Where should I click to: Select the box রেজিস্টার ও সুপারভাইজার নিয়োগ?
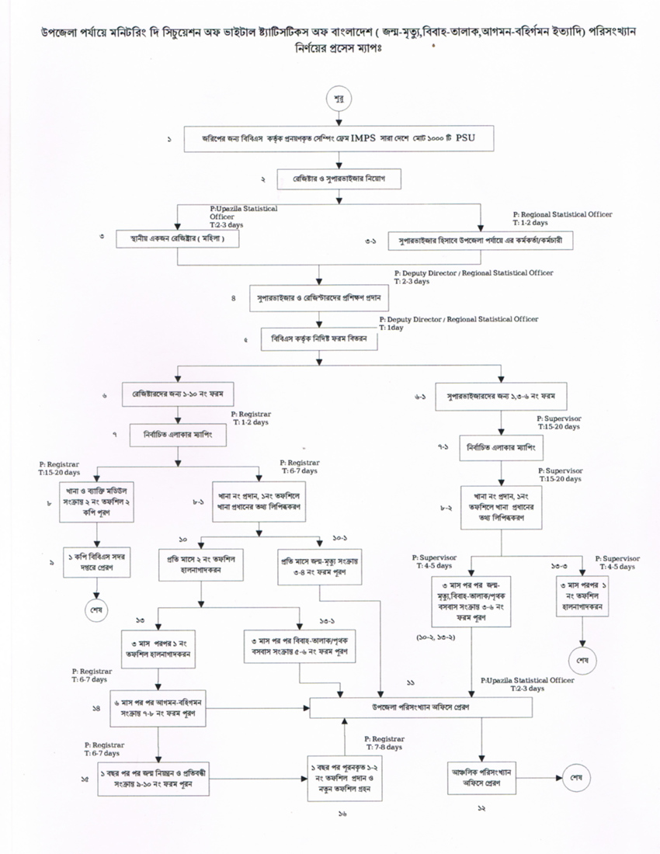pos(339,179)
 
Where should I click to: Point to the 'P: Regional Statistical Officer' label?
pos(562,213)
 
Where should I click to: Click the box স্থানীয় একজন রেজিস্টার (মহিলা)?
pos(177,238)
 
